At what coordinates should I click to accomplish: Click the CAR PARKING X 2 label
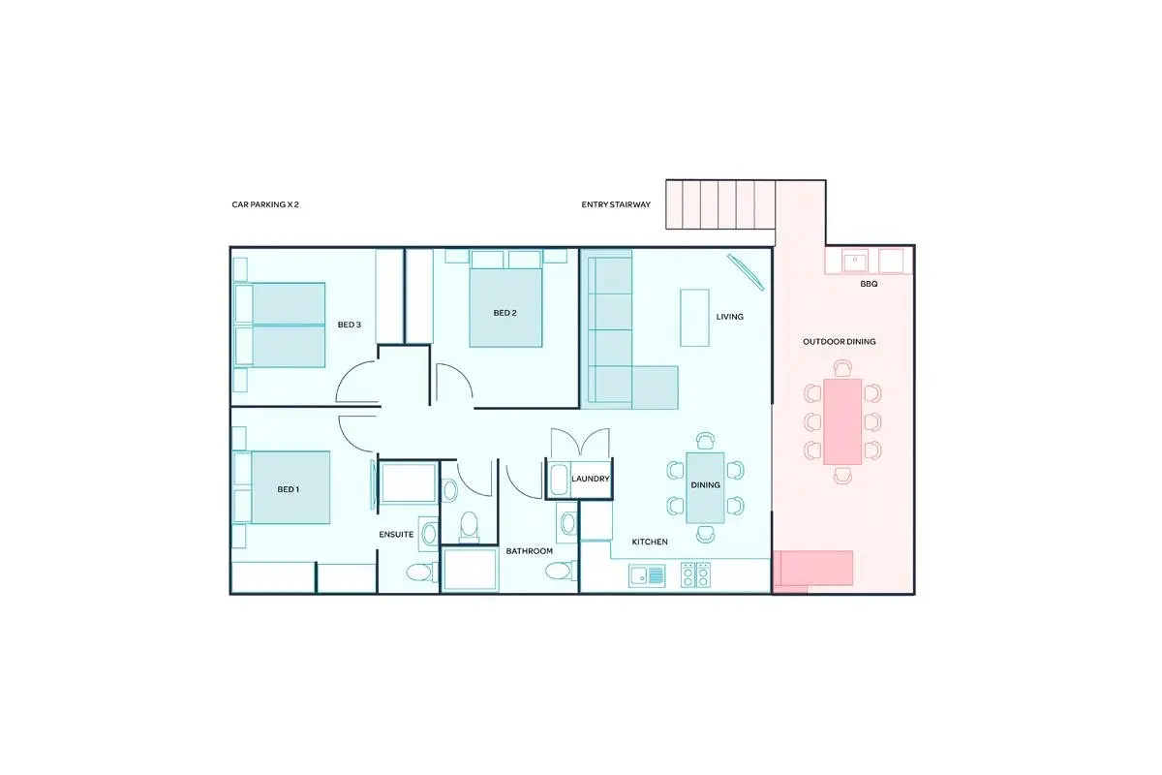tap(265, 204)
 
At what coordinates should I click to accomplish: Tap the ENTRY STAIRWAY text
tap(616, 204)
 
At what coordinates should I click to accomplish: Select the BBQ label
tap(869, 284)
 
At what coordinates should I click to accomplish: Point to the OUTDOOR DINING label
tap(839, 342)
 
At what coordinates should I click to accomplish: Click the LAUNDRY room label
tap(591, 479)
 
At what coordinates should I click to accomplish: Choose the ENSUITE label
tap(396, 534)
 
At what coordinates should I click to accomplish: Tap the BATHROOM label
tap(529, 551)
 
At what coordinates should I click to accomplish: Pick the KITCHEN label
tap(650, 542)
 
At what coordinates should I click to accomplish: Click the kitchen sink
tap(647, 575)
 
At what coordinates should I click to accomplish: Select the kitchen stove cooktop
tap(695, 574)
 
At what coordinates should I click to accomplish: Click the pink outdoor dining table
tap(842, 421)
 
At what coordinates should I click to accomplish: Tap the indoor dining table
tap(705, 488)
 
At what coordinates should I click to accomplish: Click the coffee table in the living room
tap(694, 318)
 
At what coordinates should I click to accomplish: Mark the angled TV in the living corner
tap(746, 272)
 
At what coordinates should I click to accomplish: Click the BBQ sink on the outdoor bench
tap(855, 262)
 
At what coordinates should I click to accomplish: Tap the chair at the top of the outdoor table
tap(843, 368)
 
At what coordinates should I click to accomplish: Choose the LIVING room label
tap(729, 317)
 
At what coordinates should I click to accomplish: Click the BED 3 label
tap(350, 325)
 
